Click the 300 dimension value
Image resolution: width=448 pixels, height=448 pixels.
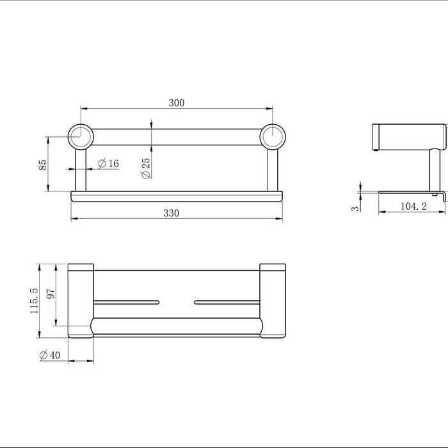click(177, 103)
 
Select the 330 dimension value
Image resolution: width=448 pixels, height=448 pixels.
click(172, 213)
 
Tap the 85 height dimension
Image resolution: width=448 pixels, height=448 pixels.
click(43, 164)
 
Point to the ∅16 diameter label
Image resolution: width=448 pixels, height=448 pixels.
click(108, 163)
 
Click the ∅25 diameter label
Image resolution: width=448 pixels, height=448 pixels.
click(146, 168)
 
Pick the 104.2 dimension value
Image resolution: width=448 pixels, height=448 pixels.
click(413, 206)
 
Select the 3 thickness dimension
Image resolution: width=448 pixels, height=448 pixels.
click(355, 208)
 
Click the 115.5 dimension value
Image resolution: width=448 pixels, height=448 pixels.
click(34, 301)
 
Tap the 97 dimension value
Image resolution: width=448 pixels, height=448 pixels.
click(51, 294)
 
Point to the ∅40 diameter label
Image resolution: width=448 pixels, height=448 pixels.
click(50, 355)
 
